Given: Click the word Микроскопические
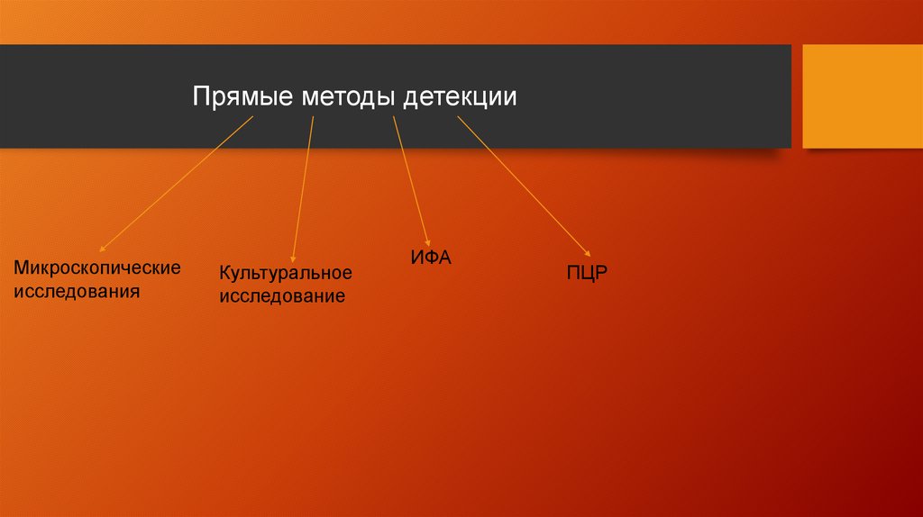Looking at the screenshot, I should tap(97, 268).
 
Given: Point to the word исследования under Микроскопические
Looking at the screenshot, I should tap(77, 292).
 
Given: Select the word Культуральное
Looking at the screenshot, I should tap(285, 273).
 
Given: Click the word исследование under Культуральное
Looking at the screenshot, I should tap(282, 296).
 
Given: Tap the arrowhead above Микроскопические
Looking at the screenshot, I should tap(103, 248).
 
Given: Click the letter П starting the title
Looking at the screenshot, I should tap(200, 96).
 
